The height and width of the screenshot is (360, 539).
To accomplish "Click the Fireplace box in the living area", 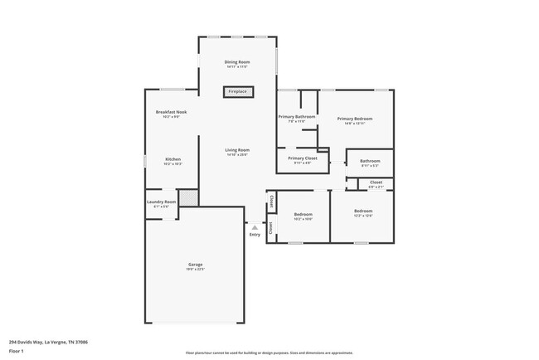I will tap(237, 92).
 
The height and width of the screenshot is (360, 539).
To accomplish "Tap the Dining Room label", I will tap(237, 62).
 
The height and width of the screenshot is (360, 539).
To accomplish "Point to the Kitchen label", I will tap(172, 159).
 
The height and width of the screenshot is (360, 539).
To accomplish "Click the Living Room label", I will tap(237, 149).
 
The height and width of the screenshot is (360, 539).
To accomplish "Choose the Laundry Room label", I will tap(162, 202).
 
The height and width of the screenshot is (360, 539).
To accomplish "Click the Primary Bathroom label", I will tap(296, 117).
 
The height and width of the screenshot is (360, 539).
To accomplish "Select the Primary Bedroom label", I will tap(354, 119).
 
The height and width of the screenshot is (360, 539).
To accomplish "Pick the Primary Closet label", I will tap(302, 158).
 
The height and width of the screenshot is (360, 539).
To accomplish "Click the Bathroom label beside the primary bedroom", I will tap(370, 161).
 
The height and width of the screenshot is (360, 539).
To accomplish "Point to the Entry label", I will tap(255, 235).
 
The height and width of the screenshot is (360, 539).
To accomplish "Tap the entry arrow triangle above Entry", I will tap(255, 227).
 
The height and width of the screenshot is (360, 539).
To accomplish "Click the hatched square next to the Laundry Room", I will tap(190, 197).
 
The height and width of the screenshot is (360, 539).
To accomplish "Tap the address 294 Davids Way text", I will tap(49, 341).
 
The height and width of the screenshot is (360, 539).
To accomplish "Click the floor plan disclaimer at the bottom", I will tap(269, 353).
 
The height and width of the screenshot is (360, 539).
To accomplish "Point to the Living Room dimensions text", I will tap(237, 154).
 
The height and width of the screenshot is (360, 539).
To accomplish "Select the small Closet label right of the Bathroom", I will tap(376, 182).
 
